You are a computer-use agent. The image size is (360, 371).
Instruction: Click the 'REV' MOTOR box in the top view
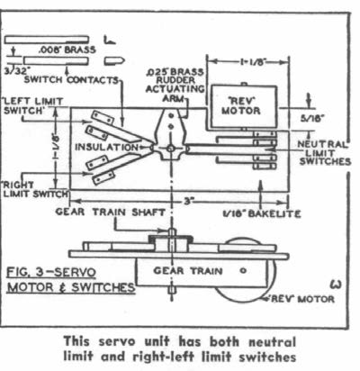pyautogui.click(x=243, y=106)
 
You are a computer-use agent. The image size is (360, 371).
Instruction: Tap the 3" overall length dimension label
pyautogui.click(x=187, y=202)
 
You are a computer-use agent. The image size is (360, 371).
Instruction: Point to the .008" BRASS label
pyautogui.click(x=67, y=50)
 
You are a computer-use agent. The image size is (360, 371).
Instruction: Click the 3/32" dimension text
pyautogui.click(x=17, y=71)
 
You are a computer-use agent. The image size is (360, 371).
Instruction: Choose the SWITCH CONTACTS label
pyautogui.click(x=71, y=80)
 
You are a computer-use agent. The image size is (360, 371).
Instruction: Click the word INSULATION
pyautogui.click(x=106, y=148)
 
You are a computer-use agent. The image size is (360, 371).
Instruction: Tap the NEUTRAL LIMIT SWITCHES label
pyautogui.click(x=324, y=153)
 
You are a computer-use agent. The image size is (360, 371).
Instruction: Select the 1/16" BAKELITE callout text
pyautogui.click(x=262, y=213)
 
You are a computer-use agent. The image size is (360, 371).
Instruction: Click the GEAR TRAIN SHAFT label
pyautogui.click(x=110, y=212)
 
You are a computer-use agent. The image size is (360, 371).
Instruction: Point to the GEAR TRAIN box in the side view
pyautogui.click(x=201, y=272)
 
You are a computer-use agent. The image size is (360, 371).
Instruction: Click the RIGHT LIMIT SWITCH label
pyautogui.click(x=36, y=189)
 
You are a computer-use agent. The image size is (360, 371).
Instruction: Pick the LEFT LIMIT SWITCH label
pyautogui.click(x=33, y=106)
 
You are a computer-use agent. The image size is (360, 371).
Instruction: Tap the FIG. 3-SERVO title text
pyautogui.click(x=51, y=273)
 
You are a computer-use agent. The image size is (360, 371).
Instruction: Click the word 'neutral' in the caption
pyautogui.click(x=272, y=342)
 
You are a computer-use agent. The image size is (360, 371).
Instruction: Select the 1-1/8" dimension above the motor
pyautogui.click(x=248, y=62)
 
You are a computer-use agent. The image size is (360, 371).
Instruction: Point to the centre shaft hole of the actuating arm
pyautogui.click(x=171, y=149)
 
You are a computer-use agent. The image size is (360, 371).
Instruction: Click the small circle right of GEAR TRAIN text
pyautogui.click(x=243, y=271)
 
